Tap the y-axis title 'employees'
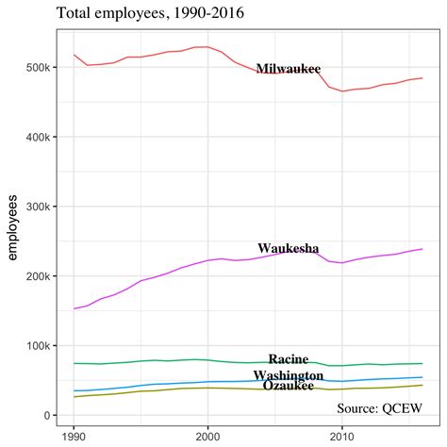[x=12, y=226]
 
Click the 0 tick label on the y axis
[x=45, y=416]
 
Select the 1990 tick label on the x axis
[x=74, y=437]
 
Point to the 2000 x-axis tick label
[x=207, y=437]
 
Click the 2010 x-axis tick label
[x=341, y=437]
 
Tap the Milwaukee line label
[x=289, y=69]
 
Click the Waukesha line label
[x=289, y=249]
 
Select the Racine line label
[x=289, y=359]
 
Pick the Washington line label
[x=289, y=375]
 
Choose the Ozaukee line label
[x=289, y=386]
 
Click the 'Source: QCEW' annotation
[x=378, y=408]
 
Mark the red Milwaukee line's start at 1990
[x=74, y=55]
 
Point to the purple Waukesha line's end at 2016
[x=422, y=249]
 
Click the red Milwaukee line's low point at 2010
[x=342, y=91]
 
